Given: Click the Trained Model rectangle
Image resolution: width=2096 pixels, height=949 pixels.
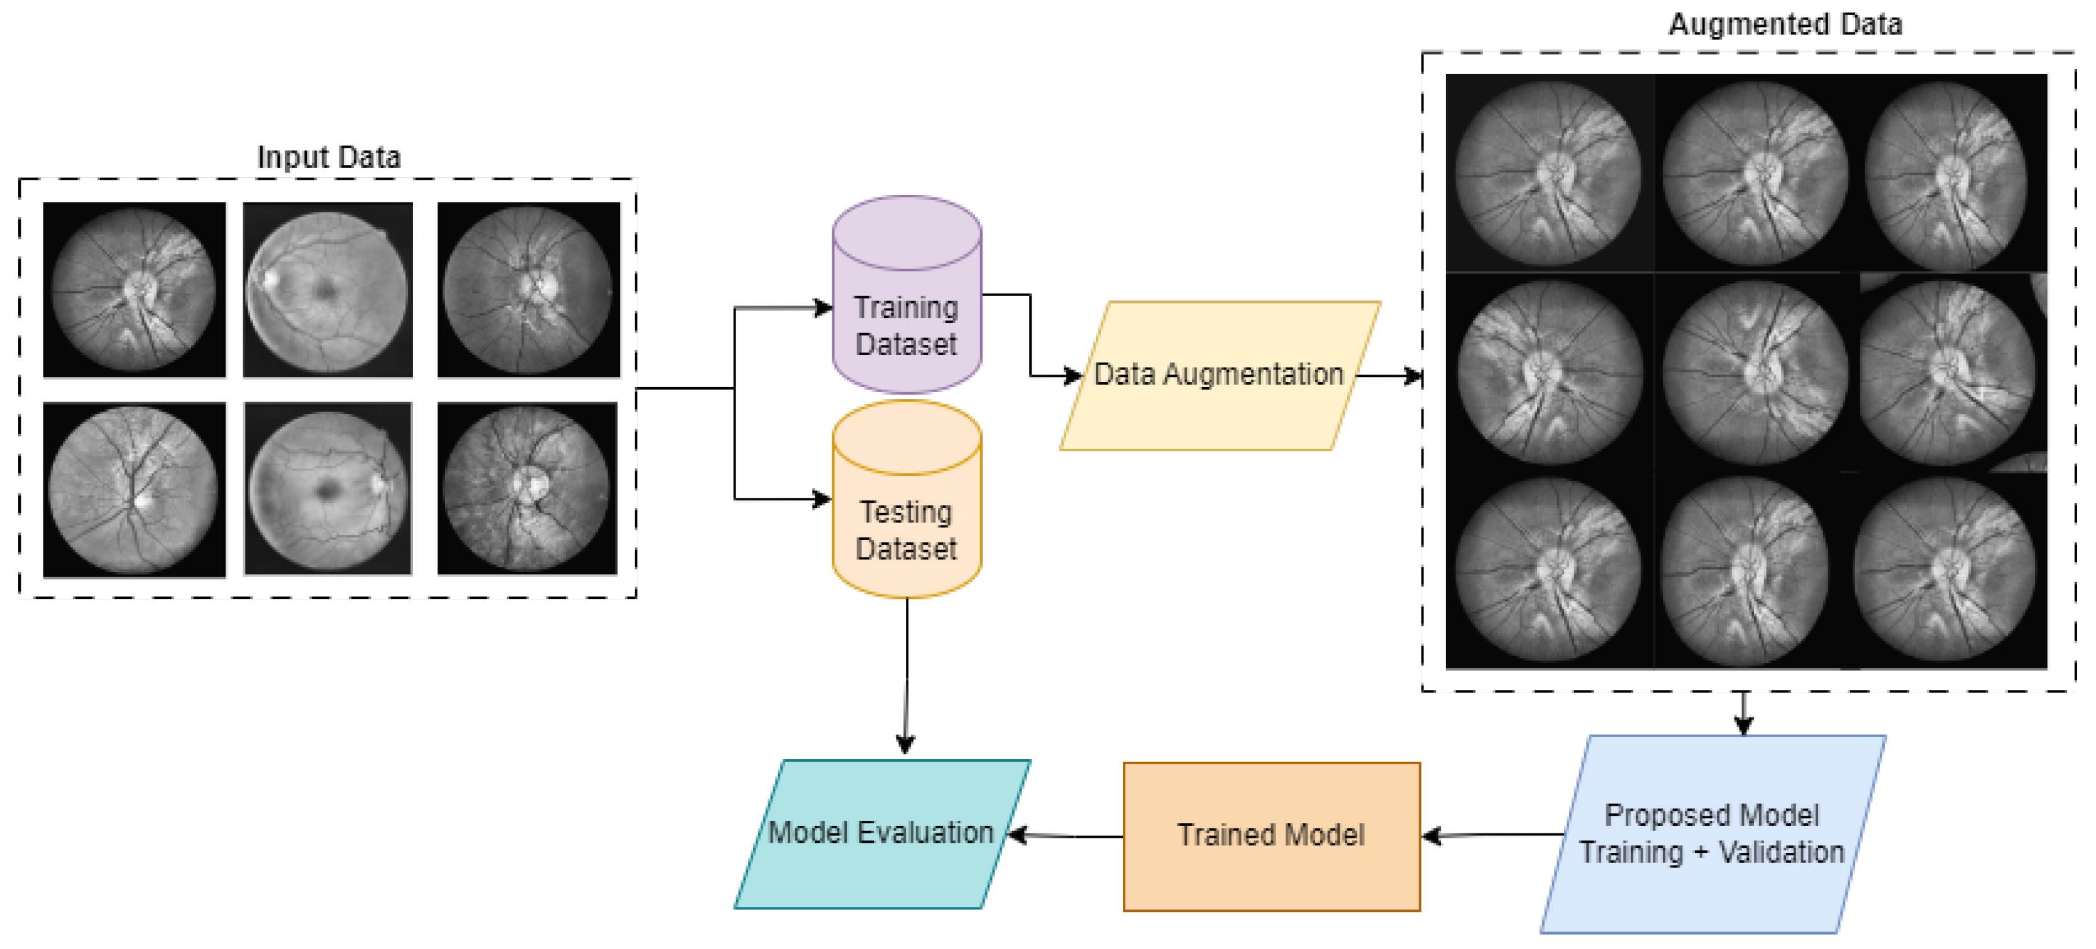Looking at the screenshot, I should point(1271,836).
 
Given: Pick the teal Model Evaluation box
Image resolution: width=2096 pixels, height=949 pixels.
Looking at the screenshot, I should point(881,833).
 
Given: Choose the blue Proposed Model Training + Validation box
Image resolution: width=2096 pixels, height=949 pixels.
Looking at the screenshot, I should point(1712,835).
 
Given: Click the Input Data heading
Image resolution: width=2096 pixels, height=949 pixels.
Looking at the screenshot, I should point(329,157).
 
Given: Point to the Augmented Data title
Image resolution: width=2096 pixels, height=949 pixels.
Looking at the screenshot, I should point(1785,25).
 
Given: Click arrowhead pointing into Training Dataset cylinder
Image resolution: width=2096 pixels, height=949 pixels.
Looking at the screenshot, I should point(824,308).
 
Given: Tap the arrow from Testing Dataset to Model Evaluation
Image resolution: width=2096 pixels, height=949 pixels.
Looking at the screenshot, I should point(907,675).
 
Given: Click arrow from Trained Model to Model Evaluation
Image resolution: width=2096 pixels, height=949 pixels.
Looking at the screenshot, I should point(1066,835).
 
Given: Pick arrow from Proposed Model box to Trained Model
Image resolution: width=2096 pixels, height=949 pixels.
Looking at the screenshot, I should point(1493,835).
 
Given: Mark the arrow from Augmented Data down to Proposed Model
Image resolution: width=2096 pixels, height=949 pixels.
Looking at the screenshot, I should point(1743,713).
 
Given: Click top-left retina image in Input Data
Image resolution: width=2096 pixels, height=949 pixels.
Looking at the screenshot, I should point(135,290).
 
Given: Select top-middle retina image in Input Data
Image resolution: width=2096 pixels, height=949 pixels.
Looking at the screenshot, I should point(328,290).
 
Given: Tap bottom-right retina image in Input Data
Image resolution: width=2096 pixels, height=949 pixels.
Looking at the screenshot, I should point(527,489).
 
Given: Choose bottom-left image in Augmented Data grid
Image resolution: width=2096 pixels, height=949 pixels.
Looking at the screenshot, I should point(1548,571).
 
